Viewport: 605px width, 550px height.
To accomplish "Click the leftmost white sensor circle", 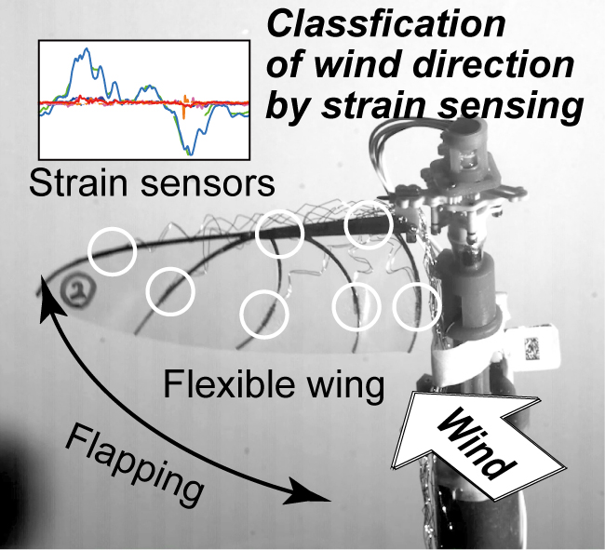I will (112, 251).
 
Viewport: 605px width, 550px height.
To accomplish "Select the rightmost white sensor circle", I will (414, 307).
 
